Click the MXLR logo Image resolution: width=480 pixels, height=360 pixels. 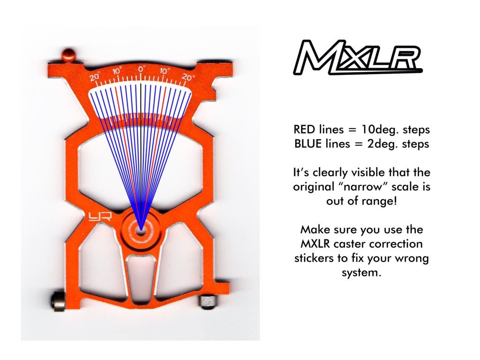pyautogui.click(x=358, y=58)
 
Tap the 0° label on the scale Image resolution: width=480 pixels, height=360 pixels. pyautogui.click(x=141, y=69)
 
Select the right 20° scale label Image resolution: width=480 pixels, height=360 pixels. pyautogui.click(x=188, y=77)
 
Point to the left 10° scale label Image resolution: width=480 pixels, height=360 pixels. pyautogui.click(x=117, y=71)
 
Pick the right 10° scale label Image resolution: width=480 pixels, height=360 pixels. pyautogui.click(x=165, y=71)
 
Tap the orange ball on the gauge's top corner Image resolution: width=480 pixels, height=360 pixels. pyautogui.click(x=68, y=55)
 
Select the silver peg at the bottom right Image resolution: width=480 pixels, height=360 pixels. pyautogui.click(x=208, y=301)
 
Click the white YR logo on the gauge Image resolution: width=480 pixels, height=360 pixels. pyautogui.click(x=100, y=217)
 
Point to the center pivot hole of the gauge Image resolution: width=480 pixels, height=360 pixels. pyautogui.click(x=141, y=230)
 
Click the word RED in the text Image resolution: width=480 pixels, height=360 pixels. pyautogui.click(x=304, y=129)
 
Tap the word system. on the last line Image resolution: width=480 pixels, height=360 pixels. pyautogui.click(x=361, y=273)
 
